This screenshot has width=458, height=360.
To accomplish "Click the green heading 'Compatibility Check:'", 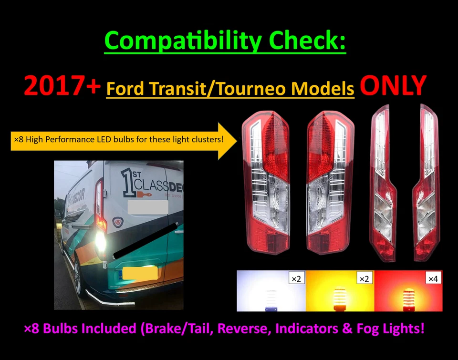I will click(x=225, y=41).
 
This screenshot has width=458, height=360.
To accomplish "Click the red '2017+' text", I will click(x=62, y=86).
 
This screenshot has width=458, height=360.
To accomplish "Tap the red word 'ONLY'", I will click(x=392, y=86).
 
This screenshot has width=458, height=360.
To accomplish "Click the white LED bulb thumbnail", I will click(x=271, y=291).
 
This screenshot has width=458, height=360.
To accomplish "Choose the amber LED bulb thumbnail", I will click(x=340, y=291).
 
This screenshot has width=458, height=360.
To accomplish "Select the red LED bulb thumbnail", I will click(x=408, y=291).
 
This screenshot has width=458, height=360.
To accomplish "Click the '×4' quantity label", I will click(x=433, y=278).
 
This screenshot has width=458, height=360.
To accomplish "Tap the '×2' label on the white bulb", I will click(x=296, y=278).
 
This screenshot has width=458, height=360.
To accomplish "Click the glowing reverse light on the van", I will click(x=101, y=241).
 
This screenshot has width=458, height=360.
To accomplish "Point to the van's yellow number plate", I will click(x=140, y=273).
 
